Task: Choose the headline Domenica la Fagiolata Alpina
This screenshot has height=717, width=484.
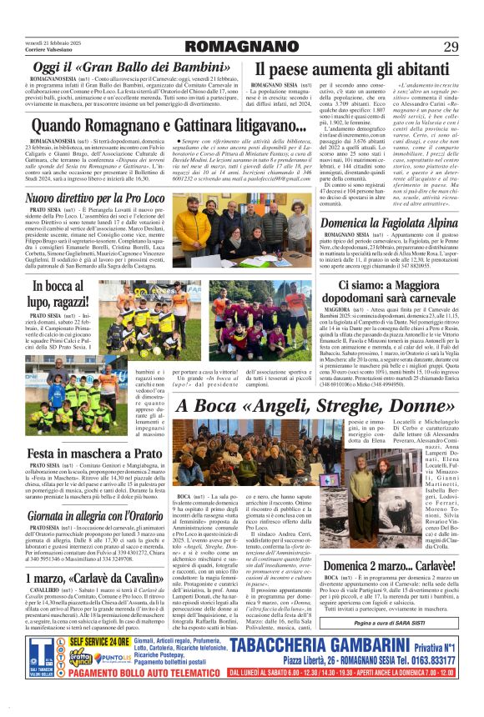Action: [x=390, y=200]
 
